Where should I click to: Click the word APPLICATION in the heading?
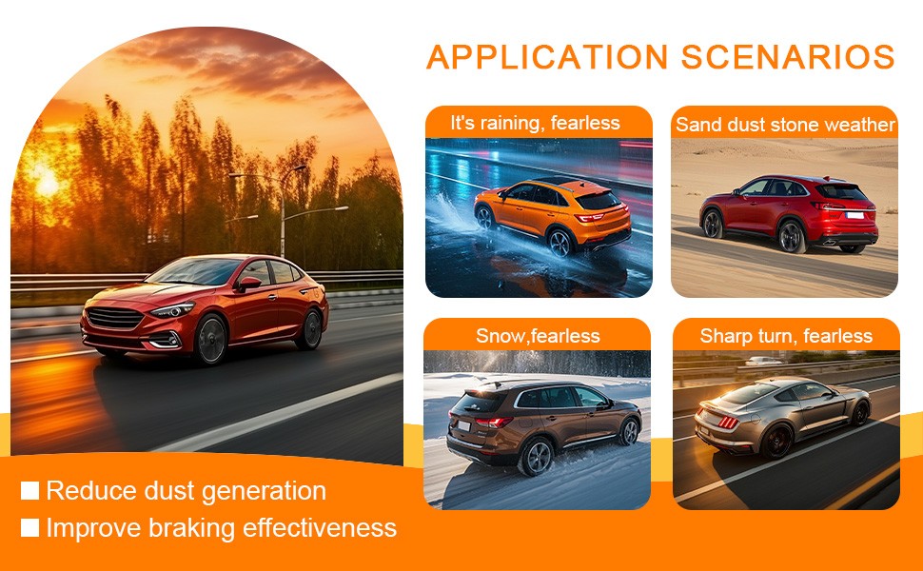pos(547,57)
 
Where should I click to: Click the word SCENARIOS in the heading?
pos(788,57)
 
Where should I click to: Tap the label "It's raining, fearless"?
pos(535,123)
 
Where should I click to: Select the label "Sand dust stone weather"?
pos(785,125)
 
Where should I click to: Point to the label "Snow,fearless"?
pos(538,336)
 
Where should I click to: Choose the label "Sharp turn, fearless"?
pos(786,336)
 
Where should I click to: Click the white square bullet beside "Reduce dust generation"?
pos(29,490)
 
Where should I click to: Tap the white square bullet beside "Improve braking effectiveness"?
pos(29,527)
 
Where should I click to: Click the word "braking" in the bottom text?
pos(191,528)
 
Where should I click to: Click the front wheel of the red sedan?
pos(210,340)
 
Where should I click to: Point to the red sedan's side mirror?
pos(247,284)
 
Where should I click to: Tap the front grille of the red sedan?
pos(115,318)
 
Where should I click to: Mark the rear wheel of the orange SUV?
pos(560,243)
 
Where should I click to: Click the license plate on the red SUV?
pos(854,215)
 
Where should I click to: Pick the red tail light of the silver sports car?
pos(728,423)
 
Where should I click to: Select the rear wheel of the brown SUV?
pos(537,457)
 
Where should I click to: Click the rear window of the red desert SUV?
pos(840,192)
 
